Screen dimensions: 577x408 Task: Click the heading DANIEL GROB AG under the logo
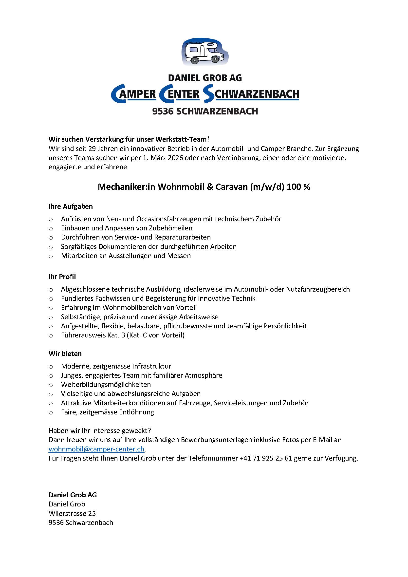[x=205, y=78]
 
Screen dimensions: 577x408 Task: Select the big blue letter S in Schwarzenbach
[x=208, y=94]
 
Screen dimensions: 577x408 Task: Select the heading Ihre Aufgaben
[x=71, y=206]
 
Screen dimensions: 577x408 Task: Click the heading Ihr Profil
[x=62, y=277]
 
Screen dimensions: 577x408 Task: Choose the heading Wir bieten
[x=65, y=354]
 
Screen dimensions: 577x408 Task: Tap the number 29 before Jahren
[x=92, y=149]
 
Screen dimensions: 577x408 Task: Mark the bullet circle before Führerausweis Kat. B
[x=51, y=336]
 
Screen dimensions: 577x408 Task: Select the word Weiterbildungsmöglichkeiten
[x=106, y=385]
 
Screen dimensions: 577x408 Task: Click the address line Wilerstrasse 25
[x=72, y=513]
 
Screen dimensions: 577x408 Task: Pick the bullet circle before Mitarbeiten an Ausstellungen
[x=51, y=256]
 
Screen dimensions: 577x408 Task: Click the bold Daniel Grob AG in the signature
[x=73, y=495]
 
